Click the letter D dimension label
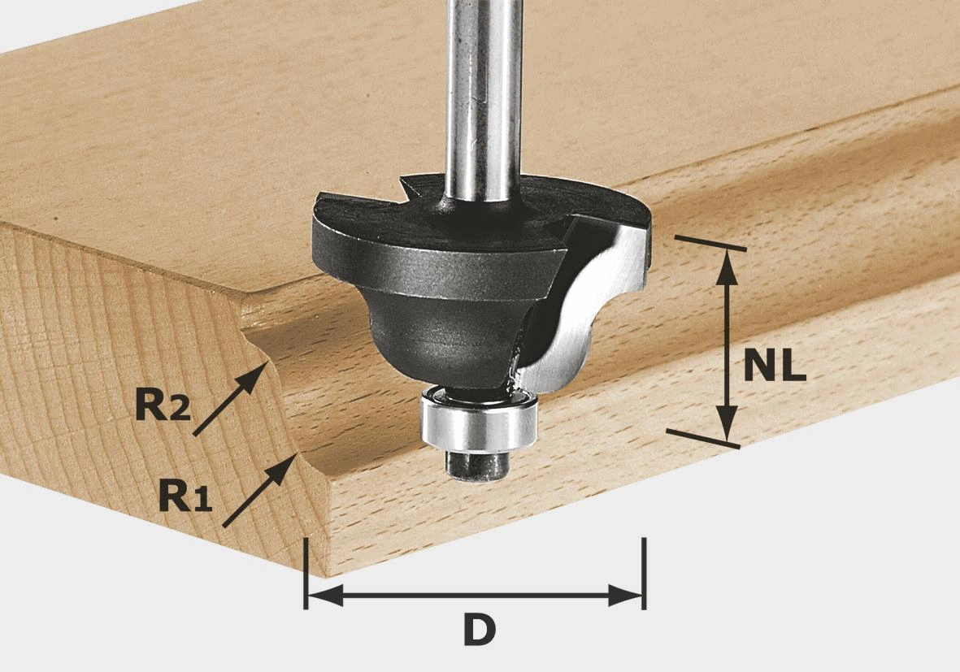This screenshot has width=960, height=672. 480,631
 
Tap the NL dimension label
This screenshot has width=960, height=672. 775,366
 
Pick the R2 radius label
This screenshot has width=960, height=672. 163,405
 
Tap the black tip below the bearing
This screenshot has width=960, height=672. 477,466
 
